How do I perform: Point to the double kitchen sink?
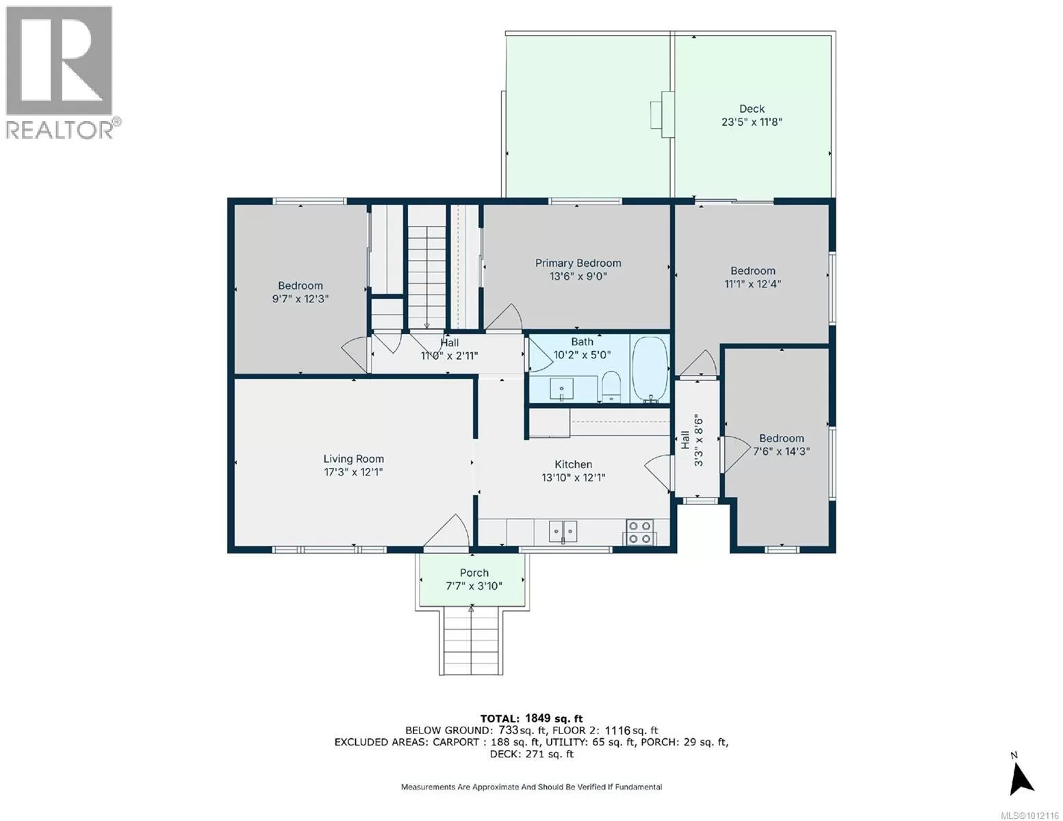coord(563,532)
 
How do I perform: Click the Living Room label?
coord(353,459)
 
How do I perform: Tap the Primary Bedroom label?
coord(578,263)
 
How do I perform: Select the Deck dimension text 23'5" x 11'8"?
coord(752,122)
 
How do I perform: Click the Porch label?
coord(474,573)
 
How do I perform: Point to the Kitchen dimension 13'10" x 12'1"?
coord(574,478)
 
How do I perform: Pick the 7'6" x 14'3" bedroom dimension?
coord(781,452)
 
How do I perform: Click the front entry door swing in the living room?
coord(447,530)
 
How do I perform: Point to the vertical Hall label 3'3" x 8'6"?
coord(692,441)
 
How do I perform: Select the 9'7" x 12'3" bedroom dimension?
coord(300,299)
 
